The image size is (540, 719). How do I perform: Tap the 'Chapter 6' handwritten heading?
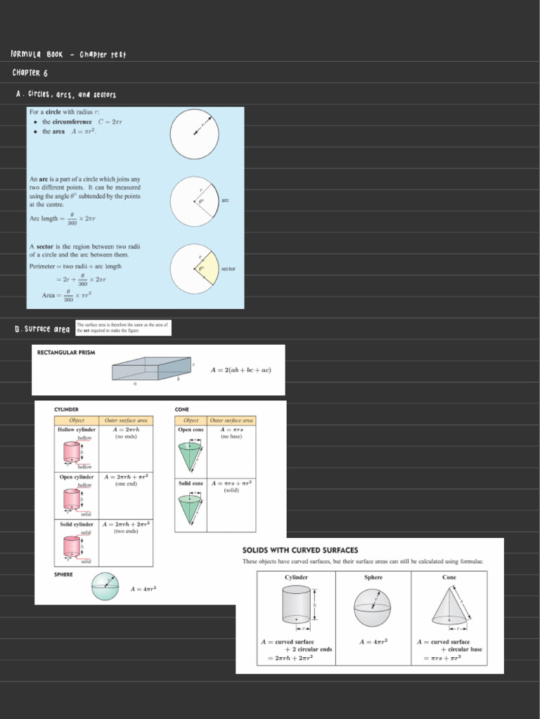pos(30,72)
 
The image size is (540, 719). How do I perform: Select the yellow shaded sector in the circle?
pos(210,268)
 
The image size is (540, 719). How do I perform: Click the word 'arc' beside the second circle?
pos(225,200)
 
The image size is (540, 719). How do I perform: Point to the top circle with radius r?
pos(194,134)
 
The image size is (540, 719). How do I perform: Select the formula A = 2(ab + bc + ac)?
pos(240,370)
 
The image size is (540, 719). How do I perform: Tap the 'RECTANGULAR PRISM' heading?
pos(65,352)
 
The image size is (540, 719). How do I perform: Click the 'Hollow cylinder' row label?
pos(77,429)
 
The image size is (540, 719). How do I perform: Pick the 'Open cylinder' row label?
pos(76,477)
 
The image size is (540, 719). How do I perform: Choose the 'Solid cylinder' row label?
pos(76,524)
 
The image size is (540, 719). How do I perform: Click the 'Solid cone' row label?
pos(191,483)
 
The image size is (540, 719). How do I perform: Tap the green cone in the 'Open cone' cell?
pos(189,457)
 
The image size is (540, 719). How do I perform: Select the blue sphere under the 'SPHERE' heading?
pos(105,587)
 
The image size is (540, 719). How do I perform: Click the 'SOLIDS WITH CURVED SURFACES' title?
pos(300,550)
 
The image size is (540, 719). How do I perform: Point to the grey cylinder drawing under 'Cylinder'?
pos(296,604)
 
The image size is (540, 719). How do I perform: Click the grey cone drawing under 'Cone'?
pos(449,605)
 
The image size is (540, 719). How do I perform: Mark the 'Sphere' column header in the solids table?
pos(373,577)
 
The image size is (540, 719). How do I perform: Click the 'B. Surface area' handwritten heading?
pos(42,329)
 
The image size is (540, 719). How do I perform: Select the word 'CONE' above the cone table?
pos(181,409)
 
